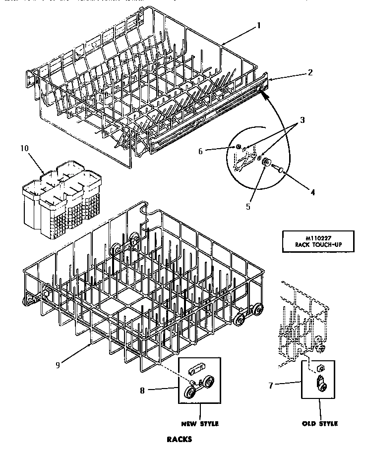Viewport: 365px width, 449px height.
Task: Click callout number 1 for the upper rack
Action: coord(258,25)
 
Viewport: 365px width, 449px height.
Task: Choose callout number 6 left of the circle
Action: coord(201,151)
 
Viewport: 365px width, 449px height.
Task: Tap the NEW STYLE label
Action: coord(200,424)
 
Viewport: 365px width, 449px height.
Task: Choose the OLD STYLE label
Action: coord(319,424)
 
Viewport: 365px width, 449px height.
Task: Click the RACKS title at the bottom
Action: coord(179,439)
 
